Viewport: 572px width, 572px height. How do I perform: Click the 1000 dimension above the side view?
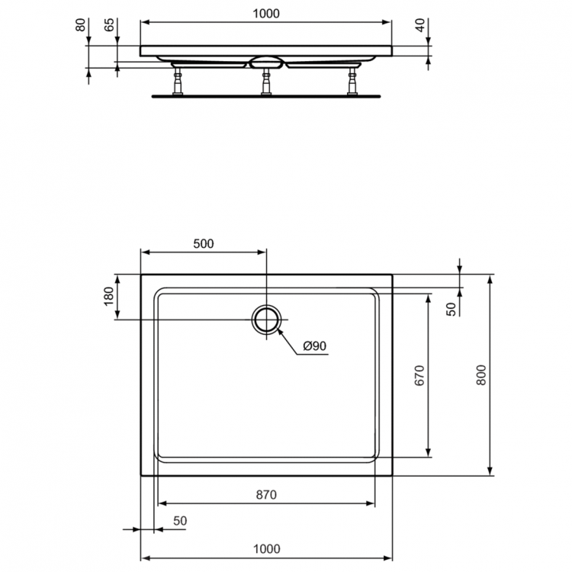click(x=266, y=13)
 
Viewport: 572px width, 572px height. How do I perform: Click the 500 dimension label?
click(x=204, y=244)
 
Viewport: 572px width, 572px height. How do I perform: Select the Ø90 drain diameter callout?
click(x=314, y=346)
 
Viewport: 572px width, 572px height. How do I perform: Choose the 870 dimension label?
click(x=265, y=494)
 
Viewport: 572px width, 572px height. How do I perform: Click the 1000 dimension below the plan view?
click(x=266, y=548)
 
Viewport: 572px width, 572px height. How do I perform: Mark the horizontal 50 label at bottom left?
click(x=180, y=520)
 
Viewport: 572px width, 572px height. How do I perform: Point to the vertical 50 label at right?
click(x=451, y=309)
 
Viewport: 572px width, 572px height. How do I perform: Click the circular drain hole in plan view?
click(x=266, y=319)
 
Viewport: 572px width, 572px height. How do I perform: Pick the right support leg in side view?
click(x=352, y=81)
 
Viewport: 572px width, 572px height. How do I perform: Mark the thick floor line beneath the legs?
click(x=266, y=96)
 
